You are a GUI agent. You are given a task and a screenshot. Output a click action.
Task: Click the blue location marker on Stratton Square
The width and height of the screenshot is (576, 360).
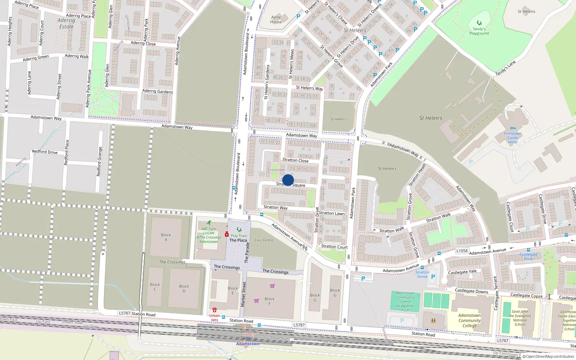pyautogui.click(x=288, y=180)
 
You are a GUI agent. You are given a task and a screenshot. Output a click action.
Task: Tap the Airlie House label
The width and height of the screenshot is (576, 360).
pyautogui.click(x=276, y=19)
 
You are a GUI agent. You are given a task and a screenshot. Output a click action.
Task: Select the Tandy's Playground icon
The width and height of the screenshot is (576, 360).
pyautogui.click(x=479, y=23)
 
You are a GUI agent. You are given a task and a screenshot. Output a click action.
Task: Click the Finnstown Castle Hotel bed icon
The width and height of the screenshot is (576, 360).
pyautogui.click(x=513, y=128)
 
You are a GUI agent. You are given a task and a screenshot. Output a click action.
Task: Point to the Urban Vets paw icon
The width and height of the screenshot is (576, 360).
pyautogui.click(x=215, y=310)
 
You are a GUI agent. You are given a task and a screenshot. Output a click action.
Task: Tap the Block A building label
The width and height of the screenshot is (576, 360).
pyautogui.click(x=166, y=237)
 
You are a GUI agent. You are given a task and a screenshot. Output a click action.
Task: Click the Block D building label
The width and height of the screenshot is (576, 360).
pyautogui.click(x=184, y=288)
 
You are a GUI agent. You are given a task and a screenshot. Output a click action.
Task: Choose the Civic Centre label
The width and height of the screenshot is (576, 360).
pyautogui.click(x=264, y=240)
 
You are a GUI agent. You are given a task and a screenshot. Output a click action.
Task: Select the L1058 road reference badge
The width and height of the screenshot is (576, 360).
pyautogui.click(x=462, y=251)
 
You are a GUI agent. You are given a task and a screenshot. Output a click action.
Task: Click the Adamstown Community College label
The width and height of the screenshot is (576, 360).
pyautogui.click(x=469, y=320)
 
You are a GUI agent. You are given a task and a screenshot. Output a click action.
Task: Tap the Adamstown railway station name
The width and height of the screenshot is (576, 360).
pyautogui.click(x=248, y=344)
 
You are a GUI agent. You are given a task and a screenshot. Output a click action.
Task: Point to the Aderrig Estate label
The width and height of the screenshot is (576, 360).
pyautogui.click(x=66, y=23)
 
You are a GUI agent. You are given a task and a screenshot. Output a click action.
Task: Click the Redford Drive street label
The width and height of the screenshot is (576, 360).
pyautogui.click(x=45, y=152)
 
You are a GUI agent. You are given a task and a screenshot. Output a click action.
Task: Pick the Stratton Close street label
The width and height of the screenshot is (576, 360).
pyautogui.click(x=295, y=160)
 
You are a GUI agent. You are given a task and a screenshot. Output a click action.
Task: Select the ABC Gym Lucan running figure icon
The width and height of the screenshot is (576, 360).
pyautogui.click(x=209, y=223)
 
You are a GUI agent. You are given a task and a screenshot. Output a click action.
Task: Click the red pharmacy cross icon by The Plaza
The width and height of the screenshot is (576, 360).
pyautogui.click(x=227, y=234)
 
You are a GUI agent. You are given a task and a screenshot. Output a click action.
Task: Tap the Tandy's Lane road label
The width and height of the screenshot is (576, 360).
pyautogui.click(x=505, y=68)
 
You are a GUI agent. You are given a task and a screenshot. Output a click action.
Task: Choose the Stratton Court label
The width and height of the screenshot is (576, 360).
pyautogui.click(x=334, y=247)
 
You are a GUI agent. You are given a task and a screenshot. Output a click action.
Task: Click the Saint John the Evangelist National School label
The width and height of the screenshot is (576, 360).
pyautogui.click(x=520, y=318)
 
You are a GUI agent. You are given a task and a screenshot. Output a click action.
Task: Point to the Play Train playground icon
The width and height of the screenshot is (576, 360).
pyautogui.click(x=239, y=230)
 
